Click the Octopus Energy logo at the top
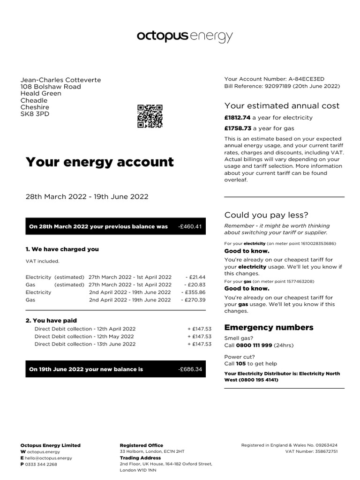click(x=184, y=37)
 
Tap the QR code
click(x=150, y=116)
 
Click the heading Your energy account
click(x=99, y=162)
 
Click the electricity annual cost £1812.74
click(x=237, y=118)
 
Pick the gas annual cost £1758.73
click(x=237, y=128)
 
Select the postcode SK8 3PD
click(x=34, y=114)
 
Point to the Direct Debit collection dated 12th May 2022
click(x=84, y=337)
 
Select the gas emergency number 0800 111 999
click(x=254, y=345)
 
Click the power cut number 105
click(x=240, y=363)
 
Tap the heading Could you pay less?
click(x=266, y=215)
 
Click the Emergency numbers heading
click(x=269, y=327)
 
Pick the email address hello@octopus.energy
click(x=49, y=458)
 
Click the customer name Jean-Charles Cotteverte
click(x=60, y=80)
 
